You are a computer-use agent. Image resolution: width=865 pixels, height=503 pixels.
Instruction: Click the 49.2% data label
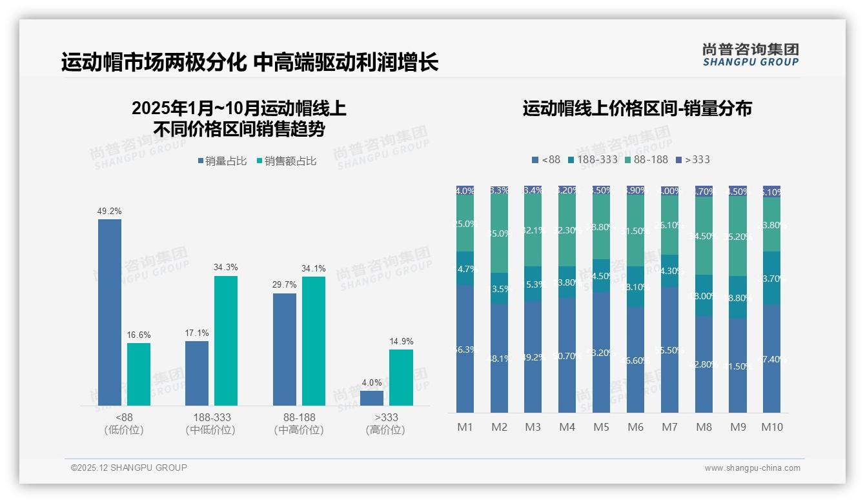[x=109, y=211]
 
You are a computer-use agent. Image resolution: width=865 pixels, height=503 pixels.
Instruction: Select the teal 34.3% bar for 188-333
[x=225, y=340]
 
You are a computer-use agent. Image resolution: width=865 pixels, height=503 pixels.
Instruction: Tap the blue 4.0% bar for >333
[x=372, y=398]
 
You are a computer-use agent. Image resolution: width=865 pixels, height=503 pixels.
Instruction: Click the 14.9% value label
[x=401, y=341]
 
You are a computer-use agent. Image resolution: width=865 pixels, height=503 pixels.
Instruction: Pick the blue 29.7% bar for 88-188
[x=285, y=349]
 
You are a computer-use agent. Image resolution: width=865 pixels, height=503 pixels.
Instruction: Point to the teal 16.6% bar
[x=138, y=374]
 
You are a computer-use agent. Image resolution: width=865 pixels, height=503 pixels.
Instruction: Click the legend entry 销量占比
[x=223, y=161]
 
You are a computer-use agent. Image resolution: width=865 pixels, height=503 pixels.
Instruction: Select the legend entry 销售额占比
[x=286, y=161]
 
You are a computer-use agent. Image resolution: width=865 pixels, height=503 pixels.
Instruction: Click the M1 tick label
[x=465, y=427]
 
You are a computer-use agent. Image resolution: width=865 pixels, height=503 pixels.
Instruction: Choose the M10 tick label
[x=771, y=427]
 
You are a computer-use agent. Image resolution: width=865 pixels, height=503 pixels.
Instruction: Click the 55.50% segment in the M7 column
[x=669, y=350]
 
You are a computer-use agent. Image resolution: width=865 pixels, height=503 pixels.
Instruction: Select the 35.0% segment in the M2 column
[x=499, y=233]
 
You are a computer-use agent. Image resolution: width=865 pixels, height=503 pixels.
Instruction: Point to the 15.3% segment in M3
[x=533, y=284]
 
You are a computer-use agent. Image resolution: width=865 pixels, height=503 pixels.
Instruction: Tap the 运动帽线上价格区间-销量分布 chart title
[x=637, y=108]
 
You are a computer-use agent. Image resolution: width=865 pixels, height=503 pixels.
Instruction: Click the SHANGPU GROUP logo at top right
[x=750, y=55]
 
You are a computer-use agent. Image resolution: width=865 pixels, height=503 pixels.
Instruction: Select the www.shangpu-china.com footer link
[x=752, y=468]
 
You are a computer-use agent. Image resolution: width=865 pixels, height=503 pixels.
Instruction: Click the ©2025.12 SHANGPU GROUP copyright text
[x=129, y=468]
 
